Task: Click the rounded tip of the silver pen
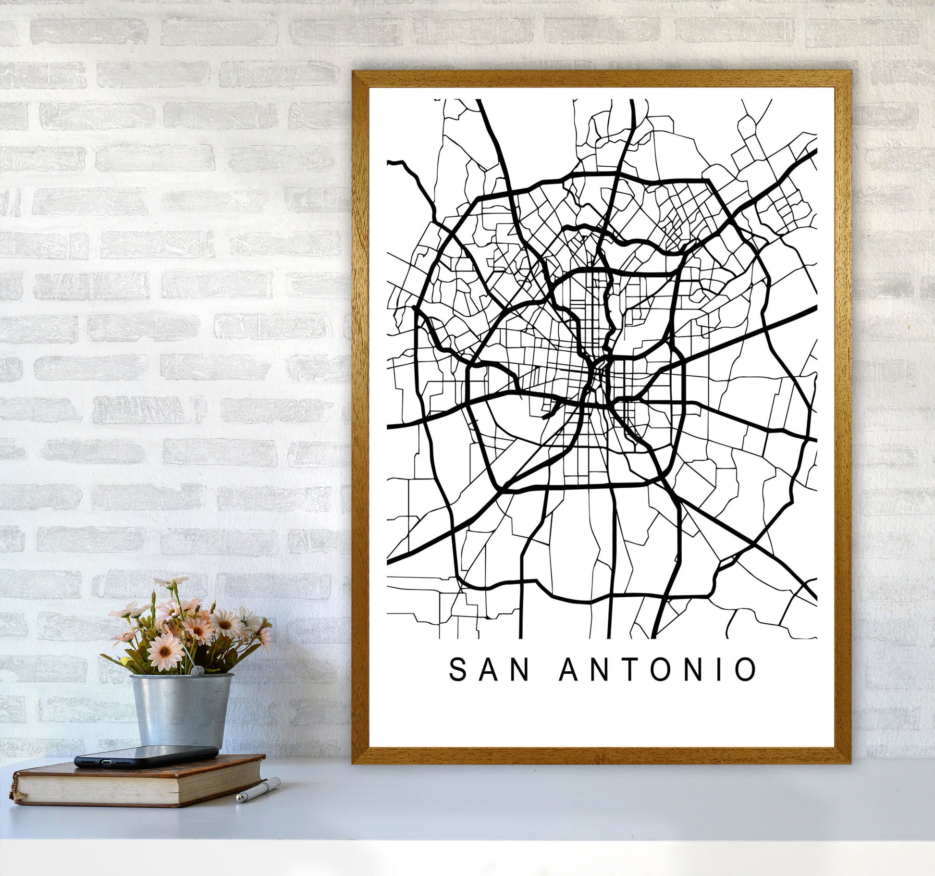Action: click(239, 799)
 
